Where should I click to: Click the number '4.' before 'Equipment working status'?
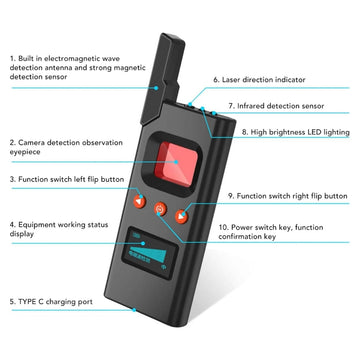(x=12, y=225)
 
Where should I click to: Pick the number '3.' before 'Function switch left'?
(x=12, y=180)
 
